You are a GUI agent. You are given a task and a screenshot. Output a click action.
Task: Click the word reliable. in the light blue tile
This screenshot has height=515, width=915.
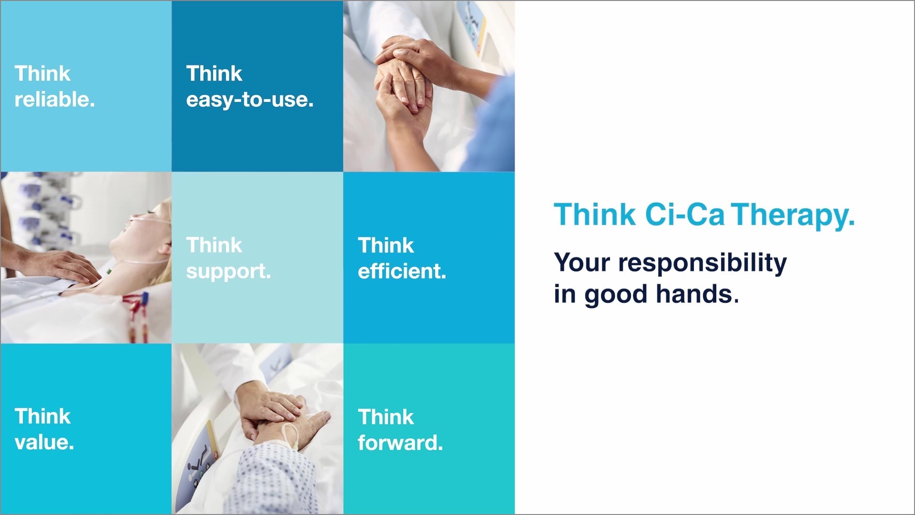click(54, 100)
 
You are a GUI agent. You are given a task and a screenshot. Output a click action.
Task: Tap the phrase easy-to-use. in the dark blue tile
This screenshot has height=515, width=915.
click(249, 100)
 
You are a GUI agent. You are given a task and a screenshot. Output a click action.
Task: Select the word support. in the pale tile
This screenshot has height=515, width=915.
click(228, 271)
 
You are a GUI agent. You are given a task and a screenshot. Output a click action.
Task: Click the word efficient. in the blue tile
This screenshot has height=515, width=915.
click(402, 271)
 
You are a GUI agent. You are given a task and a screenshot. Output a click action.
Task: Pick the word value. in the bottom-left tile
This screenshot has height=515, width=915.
click(44, 442)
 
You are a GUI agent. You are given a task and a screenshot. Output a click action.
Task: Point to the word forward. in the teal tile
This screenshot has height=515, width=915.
click(400, 443)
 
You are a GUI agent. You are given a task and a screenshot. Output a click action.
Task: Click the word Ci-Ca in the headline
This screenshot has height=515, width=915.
click(684, 215)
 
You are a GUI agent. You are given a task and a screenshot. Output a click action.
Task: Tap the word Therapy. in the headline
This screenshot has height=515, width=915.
click(793, 216)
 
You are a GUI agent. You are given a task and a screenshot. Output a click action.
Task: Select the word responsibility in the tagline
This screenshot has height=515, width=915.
click(702, 263)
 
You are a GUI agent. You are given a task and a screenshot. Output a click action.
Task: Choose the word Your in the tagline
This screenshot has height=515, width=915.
click(581, 263)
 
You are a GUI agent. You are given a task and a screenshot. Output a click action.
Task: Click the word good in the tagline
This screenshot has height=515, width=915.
click(615, 295)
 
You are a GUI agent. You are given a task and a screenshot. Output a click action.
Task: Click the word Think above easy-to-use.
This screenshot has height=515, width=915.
click(214, 74)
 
